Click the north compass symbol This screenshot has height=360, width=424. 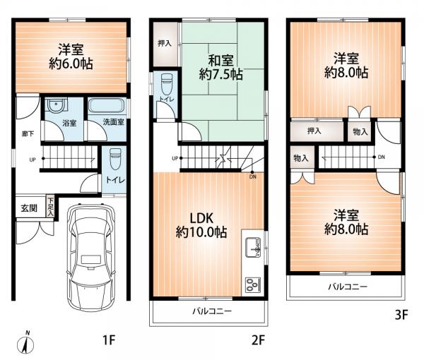25,344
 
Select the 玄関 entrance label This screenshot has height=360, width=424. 29,208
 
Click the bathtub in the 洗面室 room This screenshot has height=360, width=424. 107,106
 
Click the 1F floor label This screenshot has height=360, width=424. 109,340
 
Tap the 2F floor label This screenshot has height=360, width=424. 258,340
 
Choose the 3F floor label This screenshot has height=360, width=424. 401,315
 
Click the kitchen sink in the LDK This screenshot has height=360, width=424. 253,247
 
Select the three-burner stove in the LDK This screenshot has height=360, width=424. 253,284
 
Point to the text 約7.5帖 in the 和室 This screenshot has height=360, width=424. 221,74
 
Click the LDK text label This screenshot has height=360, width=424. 201,218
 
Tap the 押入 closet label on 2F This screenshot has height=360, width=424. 165,43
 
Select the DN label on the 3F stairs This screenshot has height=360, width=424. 382,157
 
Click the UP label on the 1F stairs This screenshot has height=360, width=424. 33,160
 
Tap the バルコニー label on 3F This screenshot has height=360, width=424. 348,287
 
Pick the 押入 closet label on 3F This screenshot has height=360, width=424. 314,131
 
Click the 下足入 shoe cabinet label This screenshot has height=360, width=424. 50,207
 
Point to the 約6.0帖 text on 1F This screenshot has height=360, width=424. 71,64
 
